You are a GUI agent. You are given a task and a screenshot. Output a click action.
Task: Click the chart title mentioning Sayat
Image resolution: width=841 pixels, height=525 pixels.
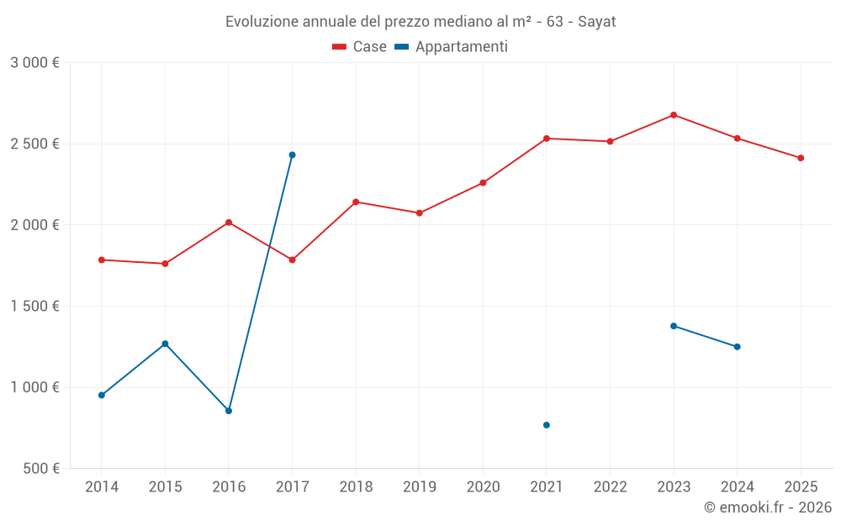tap(420, 22)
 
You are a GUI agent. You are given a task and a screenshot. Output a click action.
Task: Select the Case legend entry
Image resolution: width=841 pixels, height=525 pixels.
tap(359, 47)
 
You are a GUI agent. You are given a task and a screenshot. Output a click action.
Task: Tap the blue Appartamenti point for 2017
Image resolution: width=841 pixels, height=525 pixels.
tap(292, 155)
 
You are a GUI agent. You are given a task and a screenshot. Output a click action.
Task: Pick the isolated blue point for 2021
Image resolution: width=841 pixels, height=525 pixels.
tap(547, 425)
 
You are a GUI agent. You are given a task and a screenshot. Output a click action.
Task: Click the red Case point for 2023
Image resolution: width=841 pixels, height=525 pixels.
tap(674, 115)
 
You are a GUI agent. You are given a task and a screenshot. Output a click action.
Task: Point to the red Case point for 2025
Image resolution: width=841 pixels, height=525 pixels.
tap(801, 158)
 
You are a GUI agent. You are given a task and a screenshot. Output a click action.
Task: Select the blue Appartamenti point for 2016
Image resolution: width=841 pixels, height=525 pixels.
tap(229, 411)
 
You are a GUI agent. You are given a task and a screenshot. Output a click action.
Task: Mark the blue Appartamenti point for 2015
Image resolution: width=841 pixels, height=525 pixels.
tap(165, 344)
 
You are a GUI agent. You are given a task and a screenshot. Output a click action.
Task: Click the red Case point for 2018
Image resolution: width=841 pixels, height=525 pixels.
tap(356, 202)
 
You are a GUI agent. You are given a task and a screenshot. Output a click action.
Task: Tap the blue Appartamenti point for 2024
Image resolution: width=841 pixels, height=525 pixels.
tap(738, 347)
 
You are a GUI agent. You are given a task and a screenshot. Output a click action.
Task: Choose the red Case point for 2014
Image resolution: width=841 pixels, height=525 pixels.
tap(102, 260)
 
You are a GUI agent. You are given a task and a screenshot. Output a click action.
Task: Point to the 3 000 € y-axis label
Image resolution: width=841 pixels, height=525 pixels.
tap(34, 63)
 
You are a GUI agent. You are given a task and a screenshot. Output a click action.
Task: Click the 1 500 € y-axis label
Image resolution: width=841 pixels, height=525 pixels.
tap(34, 307)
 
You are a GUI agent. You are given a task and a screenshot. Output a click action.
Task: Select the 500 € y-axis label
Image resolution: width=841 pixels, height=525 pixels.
tap(40, 469)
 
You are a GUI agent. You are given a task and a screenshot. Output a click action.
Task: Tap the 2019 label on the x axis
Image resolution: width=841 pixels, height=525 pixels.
tap(419, 486)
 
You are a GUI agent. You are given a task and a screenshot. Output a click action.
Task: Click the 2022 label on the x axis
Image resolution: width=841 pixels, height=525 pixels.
tap(610, 486)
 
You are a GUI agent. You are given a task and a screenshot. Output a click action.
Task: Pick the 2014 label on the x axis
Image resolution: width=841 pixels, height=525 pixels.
tap(102, 486)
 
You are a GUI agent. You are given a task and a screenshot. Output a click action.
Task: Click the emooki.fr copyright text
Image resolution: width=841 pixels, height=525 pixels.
tap(767, 507)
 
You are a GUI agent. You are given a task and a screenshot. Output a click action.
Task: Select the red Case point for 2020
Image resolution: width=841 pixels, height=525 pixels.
tap(483, 182)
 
